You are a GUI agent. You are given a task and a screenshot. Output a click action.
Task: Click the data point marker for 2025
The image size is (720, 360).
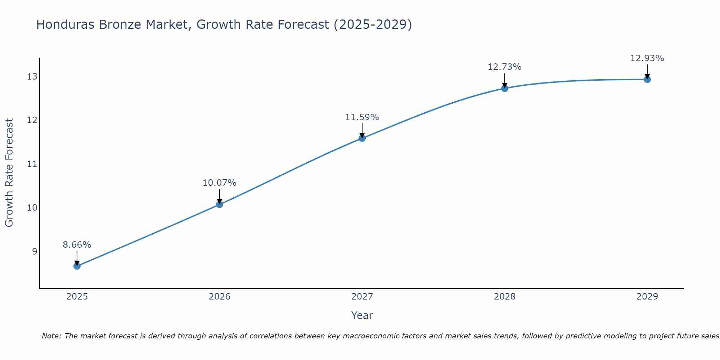point(77,266)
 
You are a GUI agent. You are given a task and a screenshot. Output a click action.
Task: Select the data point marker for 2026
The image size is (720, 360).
point(219,204)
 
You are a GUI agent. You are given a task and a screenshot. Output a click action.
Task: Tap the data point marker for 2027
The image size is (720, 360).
point(362,138)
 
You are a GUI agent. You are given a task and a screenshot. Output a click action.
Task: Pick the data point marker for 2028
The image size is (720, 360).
point(504,88)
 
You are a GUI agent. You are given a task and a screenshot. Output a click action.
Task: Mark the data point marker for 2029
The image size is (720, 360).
point(647,80)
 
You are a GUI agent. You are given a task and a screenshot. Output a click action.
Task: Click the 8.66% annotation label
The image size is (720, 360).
point(77,245)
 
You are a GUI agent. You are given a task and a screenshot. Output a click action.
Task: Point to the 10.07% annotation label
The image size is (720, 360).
point(219,183)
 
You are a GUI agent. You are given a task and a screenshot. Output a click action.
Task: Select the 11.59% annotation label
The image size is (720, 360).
point(362,117)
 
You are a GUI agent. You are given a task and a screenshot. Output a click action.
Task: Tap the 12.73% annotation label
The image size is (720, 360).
point(504,67)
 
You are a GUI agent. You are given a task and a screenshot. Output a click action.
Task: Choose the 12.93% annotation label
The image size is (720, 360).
point(647,58)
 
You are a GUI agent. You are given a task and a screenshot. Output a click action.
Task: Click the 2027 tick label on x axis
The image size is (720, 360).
point(362,297)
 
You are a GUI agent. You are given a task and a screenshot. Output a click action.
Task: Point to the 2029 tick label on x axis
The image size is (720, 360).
point(647,297)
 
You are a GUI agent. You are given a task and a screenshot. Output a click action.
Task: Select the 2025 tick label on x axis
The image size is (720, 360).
point(77,297)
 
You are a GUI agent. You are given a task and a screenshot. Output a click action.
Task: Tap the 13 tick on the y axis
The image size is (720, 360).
point(32,77)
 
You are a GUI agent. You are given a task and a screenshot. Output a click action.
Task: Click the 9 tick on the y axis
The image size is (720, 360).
point(35,251)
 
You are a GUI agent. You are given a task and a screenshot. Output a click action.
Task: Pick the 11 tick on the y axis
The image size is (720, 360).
point(32,164)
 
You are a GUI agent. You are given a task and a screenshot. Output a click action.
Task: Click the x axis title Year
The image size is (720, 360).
point(362,315)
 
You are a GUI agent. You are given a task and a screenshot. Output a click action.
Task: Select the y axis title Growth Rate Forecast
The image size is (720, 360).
point(9,173)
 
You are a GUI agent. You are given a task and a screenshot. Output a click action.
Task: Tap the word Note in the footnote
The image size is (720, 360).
point(51,336)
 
